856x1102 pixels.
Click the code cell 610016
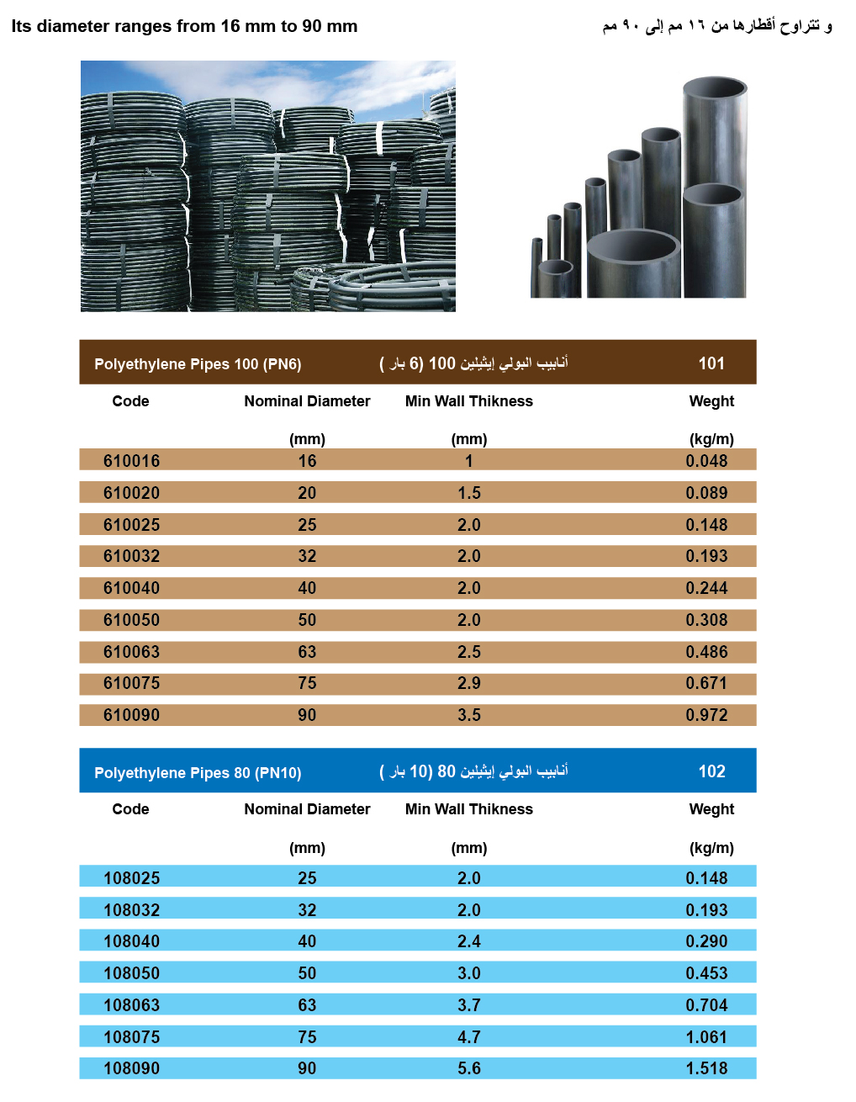[x=131, y=461]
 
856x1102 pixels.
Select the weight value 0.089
[x=706, y=493]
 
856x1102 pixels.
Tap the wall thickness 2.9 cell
[x=468, y=683]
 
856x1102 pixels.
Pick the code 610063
[x=131, y=652]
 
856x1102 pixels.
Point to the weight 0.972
[x=706, y=715]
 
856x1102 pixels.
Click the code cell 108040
[x=131, y=941]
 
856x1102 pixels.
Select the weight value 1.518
[x=706, y=1068]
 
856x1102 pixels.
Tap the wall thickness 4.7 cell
[x=468, y=1037]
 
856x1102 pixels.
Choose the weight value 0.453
[x=706, y=973]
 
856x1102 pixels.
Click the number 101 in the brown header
[x=711, y=363]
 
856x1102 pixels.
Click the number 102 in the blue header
[x=711, y=771]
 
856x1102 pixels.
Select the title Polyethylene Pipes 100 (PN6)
[x=198, y=364]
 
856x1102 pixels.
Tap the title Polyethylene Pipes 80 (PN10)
[x=198, y=773]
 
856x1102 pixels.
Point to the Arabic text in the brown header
[x=473, y=363]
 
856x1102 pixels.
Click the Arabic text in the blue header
[x=473, y=771]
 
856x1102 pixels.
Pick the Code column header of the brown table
[x=130, y=401]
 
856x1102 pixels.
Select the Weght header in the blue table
[x=711, y=809]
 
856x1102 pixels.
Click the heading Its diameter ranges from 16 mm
[x=184, y=26]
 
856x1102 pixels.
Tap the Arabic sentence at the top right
[x=717, y=26]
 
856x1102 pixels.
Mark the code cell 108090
[x=131, y=1068]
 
